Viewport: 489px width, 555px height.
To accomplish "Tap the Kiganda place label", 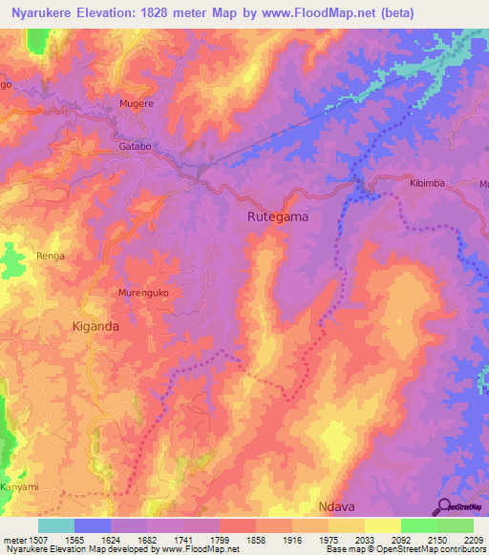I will coord(96,325).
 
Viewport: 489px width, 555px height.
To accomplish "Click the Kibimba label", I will coord(428,182).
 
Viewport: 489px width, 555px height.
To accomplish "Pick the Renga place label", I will coord(50,256).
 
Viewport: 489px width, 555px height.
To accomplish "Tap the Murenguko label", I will coord(142,293).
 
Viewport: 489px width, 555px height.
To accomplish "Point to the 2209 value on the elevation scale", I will coord(470,539).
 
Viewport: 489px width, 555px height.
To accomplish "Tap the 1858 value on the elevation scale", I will coord(256,539).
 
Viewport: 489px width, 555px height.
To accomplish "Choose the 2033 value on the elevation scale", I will coord(364,539).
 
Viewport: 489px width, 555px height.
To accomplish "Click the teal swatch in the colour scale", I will coord(56,525).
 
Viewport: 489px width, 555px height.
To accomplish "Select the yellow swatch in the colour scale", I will coord(383,525).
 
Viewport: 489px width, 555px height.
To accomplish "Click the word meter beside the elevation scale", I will coord(15,539).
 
